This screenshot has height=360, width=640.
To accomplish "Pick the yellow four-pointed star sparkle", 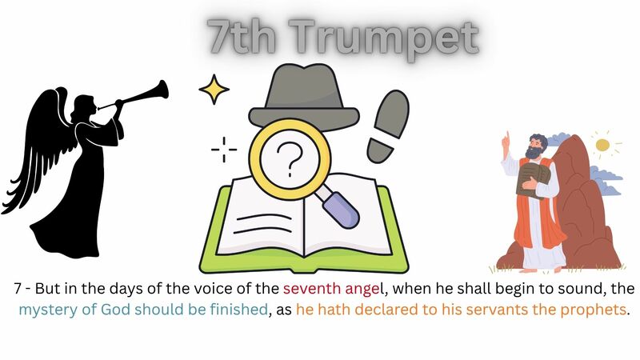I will coord(214,90).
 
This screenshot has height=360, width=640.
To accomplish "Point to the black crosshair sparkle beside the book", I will coord(224,149).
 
